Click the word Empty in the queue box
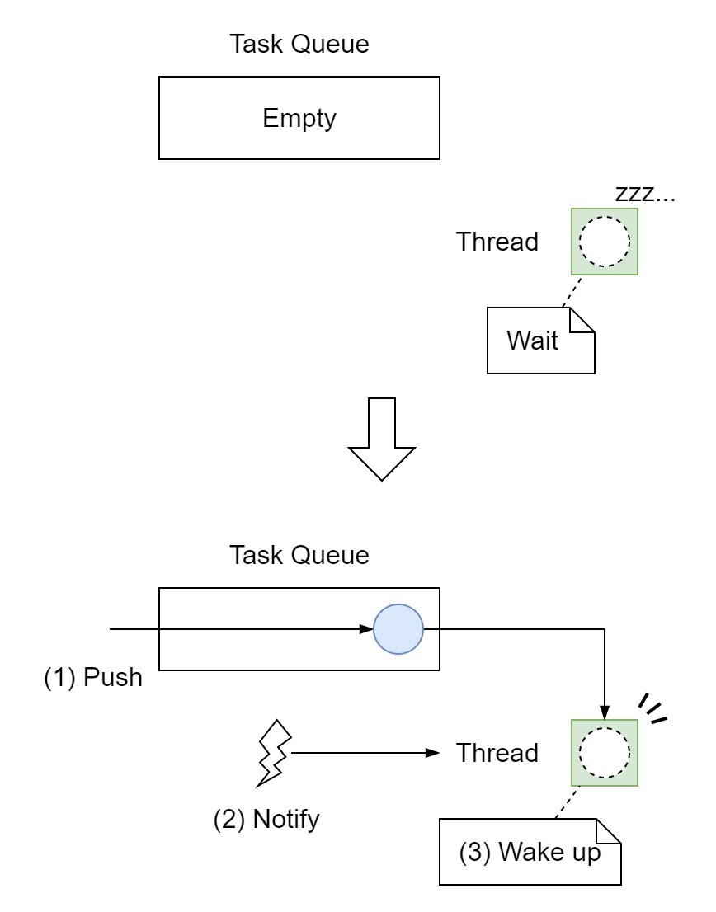[x=299, y=119]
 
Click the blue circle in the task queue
[x=398, y=630]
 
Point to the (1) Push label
[x=93, y=678]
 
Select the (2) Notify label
[x=266, y=820]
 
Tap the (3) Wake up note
[x=529, y=853]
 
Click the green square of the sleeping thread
[x=604, y=242]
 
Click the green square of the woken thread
[x=604, y=753]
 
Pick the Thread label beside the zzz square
[x=497, y=242]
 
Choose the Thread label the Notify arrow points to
[x=497, y=753]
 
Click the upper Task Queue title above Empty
[x=299, y=44]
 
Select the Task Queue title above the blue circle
[x=299, y=555]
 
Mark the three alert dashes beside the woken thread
[x=652, y=708]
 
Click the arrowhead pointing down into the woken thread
[x=605, y=712]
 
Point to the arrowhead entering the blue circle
[x=367, y=630]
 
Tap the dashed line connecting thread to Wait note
[x=572, y=291]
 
